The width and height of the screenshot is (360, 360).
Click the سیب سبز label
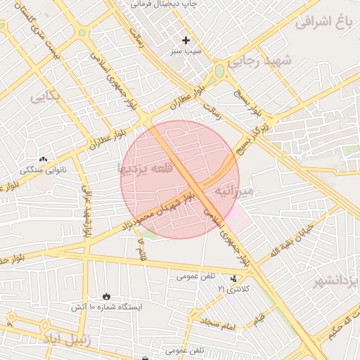point(185,52)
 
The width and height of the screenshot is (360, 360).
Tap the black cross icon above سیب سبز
point(186,40)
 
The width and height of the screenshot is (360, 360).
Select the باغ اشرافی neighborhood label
point(323,21)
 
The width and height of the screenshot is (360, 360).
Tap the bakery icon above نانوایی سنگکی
point(44,160)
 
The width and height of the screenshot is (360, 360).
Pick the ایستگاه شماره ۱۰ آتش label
point(105,307)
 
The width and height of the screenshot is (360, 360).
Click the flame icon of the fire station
point(106,296)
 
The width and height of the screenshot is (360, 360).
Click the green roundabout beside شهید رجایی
point(220,70)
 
